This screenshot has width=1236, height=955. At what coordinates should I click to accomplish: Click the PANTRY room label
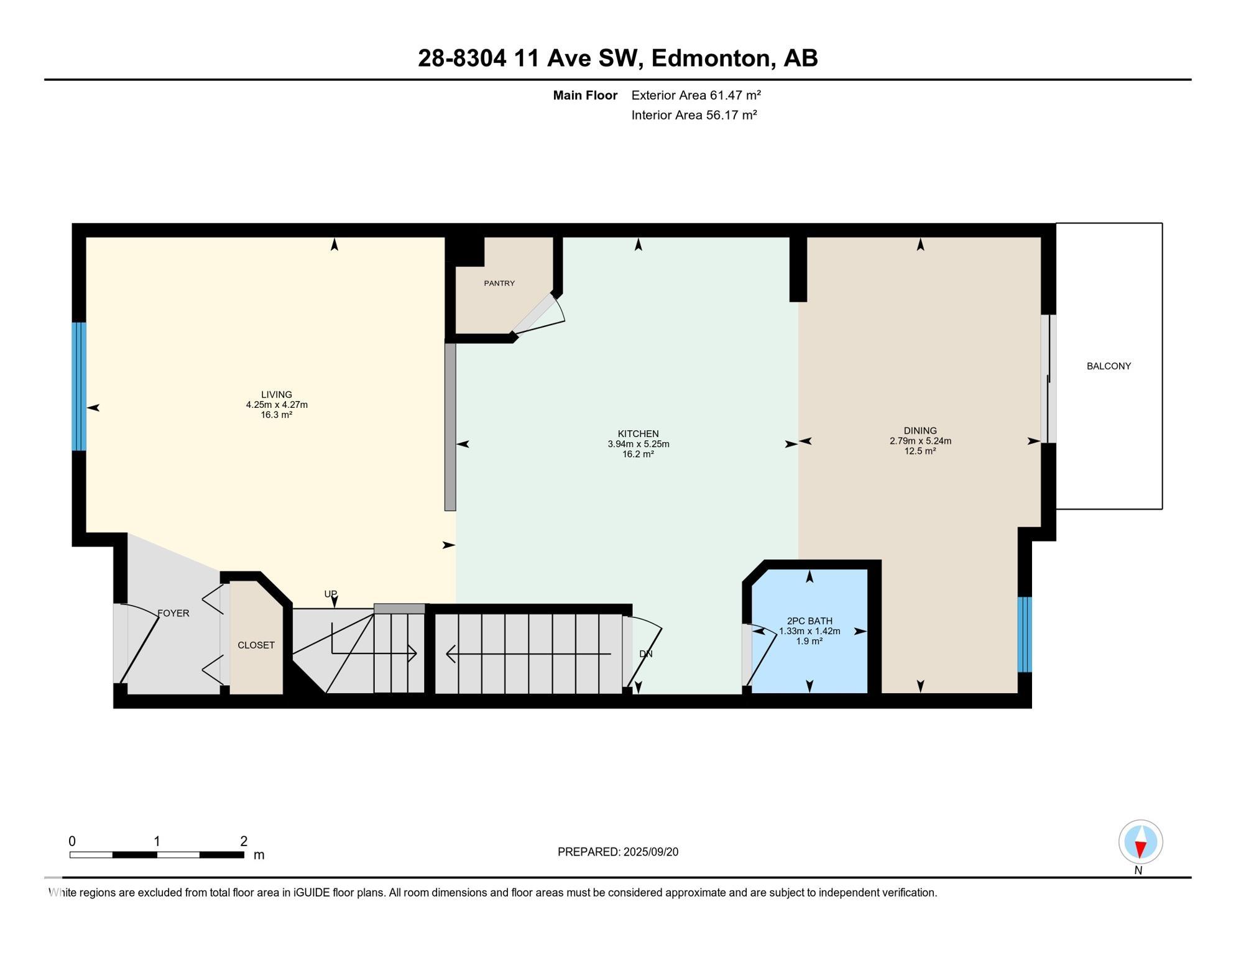tap(499, 284)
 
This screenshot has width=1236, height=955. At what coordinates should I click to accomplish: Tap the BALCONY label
tap(1109, 366)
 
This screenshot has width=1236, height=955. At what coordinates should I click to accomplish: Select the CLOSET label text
tap(256, 645)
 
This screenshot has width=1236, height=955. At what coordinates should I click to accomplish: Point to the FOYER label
tap(173, 613)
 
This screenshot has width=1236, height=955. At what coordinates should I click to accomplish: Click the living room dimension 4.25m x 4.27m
tap(277, 405)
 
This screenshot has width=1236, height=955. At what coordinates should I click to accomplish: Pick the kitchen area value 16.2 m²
tap(638, 454)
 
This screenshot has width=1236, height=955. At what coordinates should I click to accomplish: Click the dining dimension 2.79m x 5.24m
tap(920, 441)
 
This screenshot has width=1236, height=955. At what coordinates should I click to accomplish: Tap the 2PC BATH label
tap(809, 621)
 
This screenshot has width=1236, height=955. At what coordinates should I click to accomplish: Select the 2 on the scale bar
tap(244, 841)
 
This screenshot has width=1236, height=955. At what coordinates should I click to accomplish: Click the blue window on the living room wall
tap(79, 386)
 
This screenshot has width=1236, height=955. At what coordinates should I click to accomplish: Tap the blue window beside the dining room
tap(1025, 634)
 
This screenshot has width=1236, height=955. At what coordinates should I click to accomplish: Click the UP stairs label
tap(331, 594)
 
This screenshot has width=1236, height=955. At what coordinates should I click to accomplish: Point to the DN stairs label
tap(646, 654)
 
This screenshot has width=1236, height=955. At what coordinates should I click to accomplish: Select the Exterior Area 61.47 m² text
tap(696, 95)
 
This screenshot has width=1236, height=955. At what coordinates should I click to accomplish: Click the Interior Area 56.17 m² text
tap(694, 115)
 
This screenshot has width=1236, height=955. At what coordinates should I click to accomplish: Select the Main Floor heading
tap(585, 95)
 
